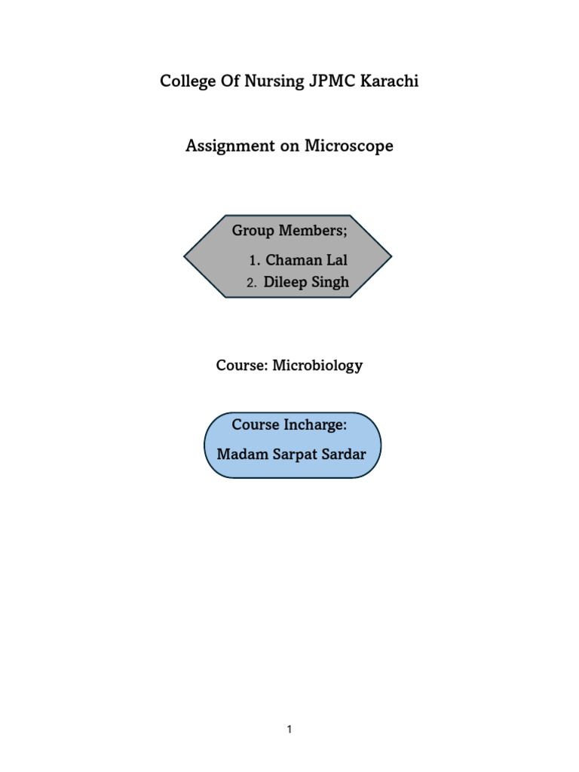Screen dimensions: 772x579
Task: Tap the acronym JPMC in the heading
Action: tap(328, 81)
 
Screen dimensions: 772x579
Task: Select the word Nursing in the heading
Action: tap(274, 82)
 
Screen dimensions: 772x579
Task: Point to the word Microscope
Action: tap(348, 146)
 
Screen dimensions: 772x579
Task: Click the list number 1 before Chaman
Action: tap(254, 261)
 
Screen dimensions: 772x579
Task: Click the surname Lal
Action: tap(336, 261)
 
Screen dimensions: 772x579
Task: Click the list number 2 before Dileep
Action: tap(252, 283)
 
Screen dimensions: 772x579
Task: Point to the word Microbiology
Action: tap(317, 366)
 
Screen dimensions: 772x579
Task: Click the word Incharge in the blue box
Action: tap(315, 425)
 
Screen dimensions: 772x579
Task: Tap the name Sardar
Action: tap(344, 455)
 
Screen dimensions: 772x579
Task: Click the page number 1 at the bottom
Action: tap(289, 729)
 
